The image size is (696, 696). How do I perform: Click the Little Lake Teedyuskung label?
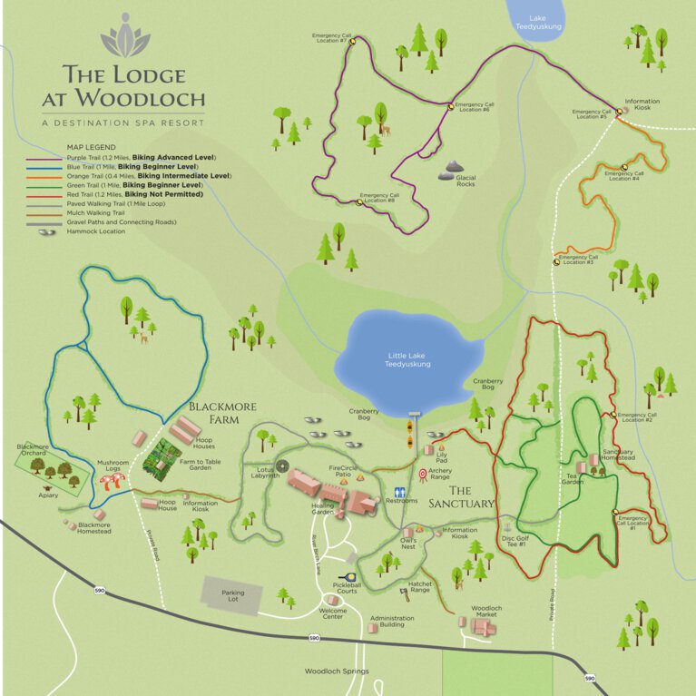point(408,358)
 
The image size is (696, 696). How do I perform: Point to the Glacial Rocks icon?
point(453,169)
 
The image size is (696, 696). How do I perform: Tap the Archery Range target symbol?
point(423,473)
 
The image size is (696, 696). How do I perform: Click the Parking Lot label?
point(233,593)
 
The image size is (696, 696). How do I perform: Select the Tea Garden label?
point(572,476)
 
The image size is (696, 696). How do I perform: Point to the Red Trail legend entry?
point(127,194)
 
